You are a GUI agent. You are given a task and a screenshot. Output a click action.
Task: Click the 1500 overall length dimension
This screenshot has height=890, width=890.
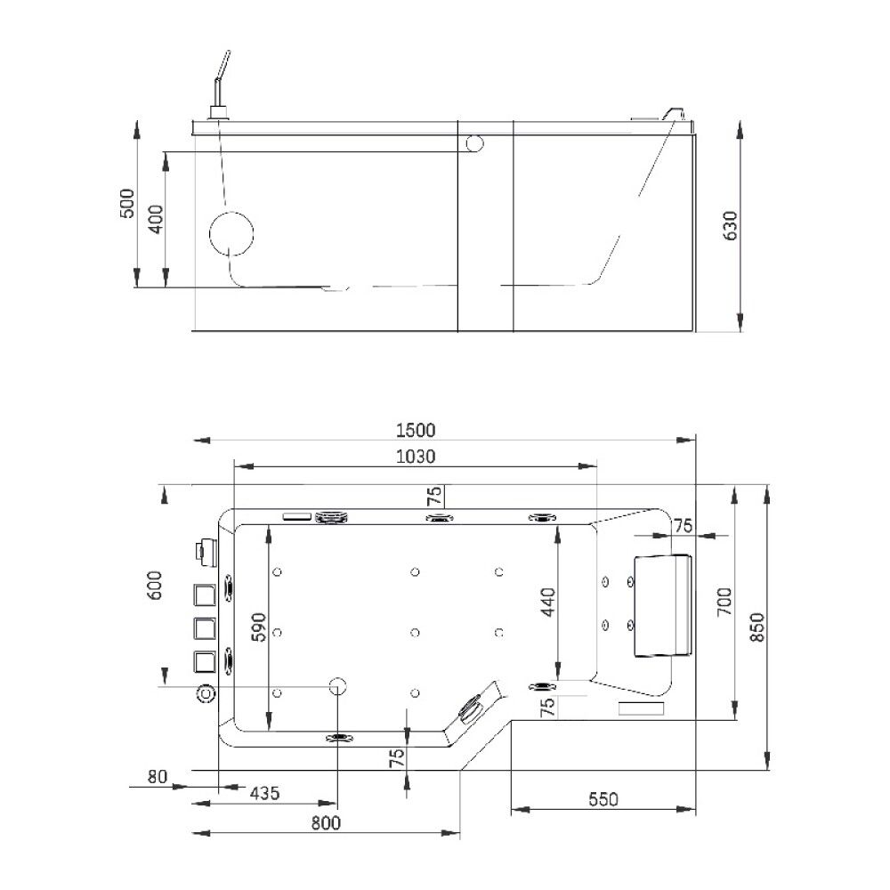point(416,430)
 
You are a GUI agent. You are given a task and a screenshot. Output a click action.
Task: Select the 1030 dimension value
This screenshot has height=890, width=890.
point(416,457)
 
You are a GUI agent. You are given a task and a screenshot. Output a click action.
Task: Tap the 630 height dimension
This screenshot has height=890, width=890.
point(731,225)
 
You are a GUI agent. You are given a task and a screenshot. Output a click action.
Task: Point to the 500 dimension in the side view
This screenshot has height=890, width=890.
point(127,203)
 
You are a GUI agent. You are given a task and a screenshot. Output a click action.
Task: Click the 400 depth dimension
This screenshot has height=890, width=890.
point(156,219)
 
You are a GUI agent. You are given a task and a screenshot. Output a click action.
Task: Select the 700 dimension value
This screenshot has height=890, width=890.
point(724,603)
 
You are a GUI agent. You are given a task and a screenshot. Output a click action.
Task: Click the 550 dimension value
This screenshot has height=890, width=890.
point(603,799)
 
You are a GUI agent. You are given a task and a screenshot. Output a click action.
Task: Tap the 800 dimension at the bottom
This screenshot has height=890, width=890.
point(326,822)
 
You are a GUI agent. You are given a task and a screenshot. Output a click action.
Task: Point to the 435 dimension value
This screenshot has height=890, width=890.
point(265,792)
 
